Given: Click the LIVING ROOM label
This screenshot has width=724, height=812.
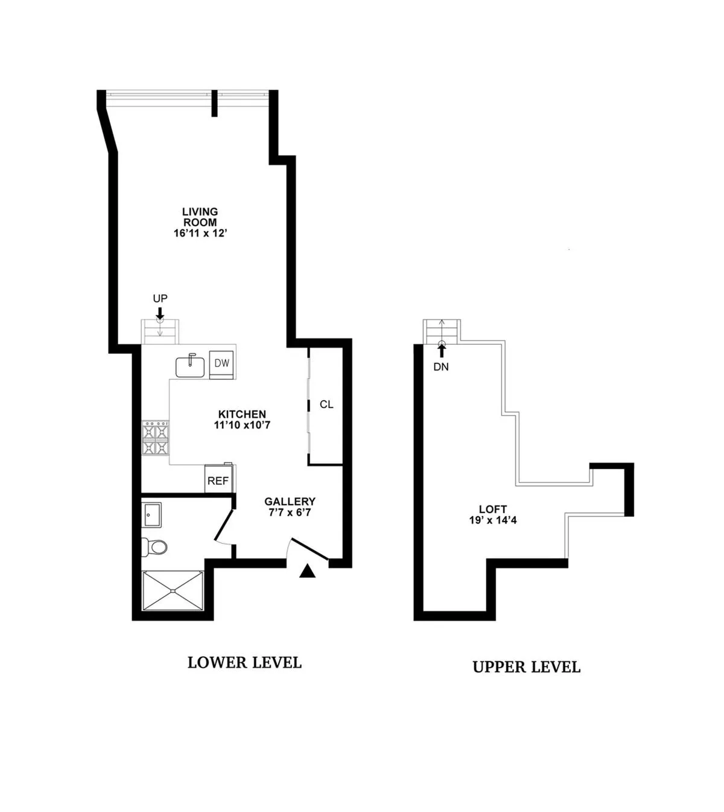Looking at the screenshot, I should pyautogui.click(x=200, y=217).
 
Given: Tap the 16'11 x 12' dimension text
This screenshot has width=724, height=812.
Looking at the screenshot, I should pyautogui.click(x=200, y=233).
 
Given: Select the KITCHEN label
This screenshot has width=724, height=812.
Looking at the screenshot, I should pyautogui.click(x=242, y=414).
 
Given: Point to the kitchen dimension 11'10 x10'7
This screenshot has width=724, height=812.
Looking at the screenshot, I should pyautogui.click(x=242, y=425).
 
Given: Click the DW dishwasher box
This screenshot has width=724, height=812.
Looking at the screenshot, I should pyautogui.click(x=222, y=363).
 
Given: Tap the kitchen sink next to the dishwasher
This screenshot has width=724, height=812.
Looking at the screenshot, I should pyautogui.click(x=190, y=366).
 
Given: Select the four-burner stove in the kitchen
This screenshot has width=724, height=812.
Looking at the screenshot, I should pyautogui.click(x=156, y=439).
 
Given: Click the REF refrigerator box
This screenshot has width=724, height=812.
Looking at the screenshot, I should pyautogui.click(x=218, y=481).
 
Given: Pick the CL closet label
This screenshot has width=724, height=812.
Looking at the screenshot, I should pyautogui.click(x=326, y=404).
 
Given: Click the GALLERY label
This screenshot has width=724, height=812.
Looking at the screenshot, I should pyautogui.click(x=290, y=502).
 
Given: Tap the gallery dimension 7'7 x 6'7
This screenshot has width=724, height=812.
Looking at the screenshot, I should pyautogui.click(x=290, y=513).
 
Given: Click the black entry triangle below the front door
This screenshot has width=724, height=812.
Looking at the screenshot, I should pyautogui.click(x=308, y=571).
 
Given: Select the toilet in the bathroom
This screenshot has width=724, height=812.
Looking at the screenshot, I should pyautogui.click(x=155, y=547).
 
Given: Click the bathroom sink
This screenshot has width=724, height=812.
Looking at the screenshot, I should pyautogui.click(x=151, y=515).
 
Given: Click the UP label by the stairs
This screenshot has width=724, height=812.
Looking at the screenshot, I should pyautogui.click(x=160, y=298).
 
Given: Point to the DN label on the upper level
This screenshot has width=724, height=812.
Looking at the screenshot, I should pyautogui.click(x=441, y=366).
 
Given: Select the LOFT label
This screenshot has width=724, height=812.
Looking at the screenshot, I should pyautogui.click(x=493, y=509).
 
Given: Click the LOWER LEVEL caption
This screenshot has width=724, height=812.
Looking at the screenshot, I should pyautogui.click(x=244, y=662).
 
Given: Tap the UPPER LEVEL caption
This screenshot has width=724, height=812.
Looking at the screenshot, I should pyautogui.click(x=526, y=667).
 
